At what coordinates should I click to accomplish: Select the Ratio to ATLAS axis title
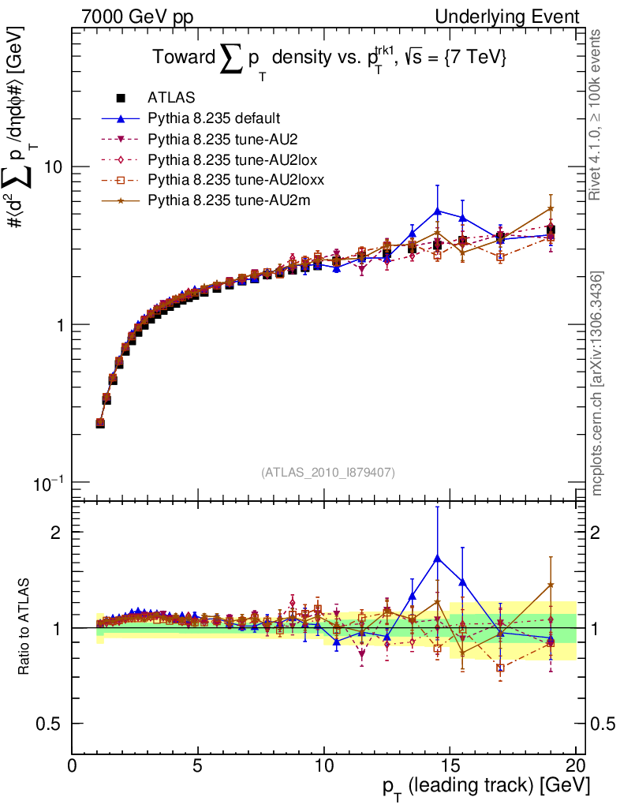pyautogui.click(x=24, y=627)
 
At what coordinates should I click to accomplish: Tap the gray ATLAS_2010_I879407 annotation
pyautogui.click(x=328, y=472)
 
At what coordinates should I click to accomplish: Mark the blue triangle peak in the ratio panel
pyautogui.click(x=437, y=557)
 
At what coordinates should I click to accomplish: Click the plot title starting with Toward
pyautogui.click(x=328, y=58)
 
